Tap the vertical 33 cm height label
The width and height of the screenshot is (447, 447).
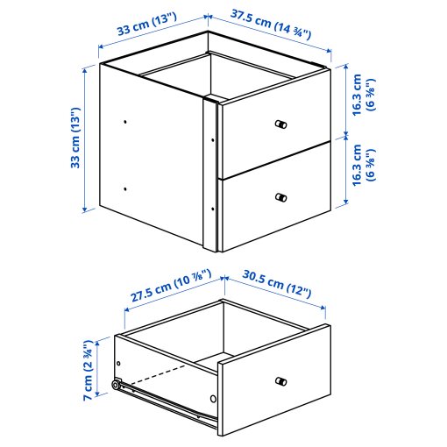point(76,138)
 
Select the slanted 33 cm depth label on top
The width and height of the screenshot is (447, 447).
point(144,30)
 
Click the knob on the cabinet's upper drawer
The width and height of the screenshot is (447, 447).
point(280,124)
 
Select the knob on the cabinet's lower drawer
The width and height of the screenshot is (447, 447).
point(280,197)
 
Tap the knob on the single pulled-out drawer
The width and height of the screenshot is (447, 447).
point(280,380)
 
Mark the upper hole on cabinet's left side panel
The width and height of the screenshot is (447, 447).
point(126,121)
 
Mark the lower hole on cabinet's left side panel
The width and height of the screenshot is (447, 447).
point(126,188)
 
